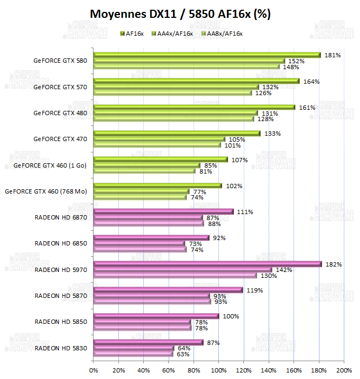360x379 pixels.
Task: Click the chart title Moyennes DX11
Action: tap(180, 14)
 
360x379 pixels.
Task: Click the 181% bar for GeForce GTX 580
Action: tap(207, 55)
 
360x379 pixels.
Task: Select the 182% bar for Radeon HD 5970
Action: tap(208, 264)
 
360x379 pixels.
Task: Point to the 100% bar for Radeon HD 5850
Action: tap(156, 316)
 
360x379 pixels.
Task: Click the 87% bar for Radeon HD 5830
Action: tap(148, 342)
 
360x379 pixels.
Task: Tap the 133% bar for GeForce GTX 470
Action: tap(177, 133)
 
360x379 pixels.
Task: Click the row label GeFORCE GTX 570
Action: tap(60, 87)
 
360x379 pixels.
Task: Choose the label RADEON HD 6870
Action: tap(61, 217)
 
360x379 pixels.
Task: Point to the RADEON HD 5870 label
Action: tap(61, 296)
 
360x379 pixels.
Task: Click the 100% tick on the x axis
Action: tap(219, 370)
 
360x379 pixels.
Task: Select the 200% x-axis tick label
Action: tap(344, 370)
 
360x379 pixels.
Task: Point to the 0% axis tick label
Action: tap(94, 370)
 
